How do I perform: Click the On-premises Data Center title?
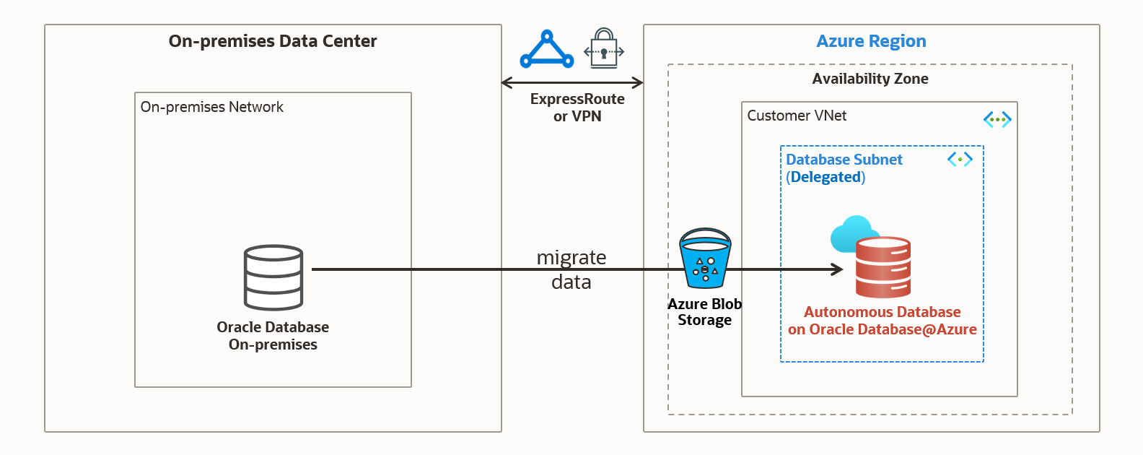(273, 41)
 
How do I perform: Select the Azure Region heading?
(871, 41)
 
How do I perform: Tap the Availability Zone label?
(870, 79)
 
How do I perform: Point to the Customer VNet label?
(797, 116)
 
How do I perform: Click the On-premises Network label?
(211, 107)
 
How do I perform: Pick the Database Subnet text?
(844, 160)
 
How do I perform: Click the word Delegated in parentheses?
(825, 177)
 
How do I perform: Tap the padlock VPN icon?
(604, 49)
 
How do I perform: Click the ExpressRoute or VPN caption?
(577, 108)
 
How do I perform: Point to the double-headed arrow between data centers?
(572, 82)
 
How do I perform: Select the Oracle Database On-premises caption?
(273, 336)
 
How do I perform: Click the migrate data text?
(571, 269)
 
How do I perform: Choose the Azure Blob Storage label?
(704, 312)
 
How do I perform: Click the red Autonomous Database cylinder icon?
(883, 267)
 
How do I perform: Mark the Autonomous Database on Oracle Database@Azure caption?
(882, 321)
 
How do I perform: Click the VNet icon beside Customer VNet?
(997, 119)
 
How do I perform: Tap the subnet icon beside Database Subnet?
(960, 159)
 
